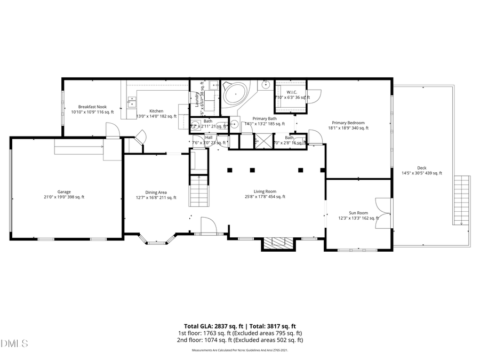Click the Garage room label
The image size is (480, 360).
[x=64, y=192]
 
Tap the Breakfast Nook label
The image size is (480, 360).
[x=93, y=107]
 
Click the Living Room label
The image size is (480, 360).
[x=265, y=191]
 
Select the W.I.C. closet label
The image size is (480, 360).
[x=291, y=92]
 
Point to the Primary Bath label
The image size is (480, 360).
[x=265, y=119]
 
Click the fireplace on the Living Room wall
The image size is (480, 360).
[x=277, y=244]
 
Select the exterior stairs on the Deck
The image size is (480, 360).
[x=461, y=201]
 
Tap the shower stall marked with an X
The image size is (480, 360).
[x=262, y=141]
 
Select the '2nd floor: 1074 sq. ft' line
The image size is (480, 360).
[x=240, y=340]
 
